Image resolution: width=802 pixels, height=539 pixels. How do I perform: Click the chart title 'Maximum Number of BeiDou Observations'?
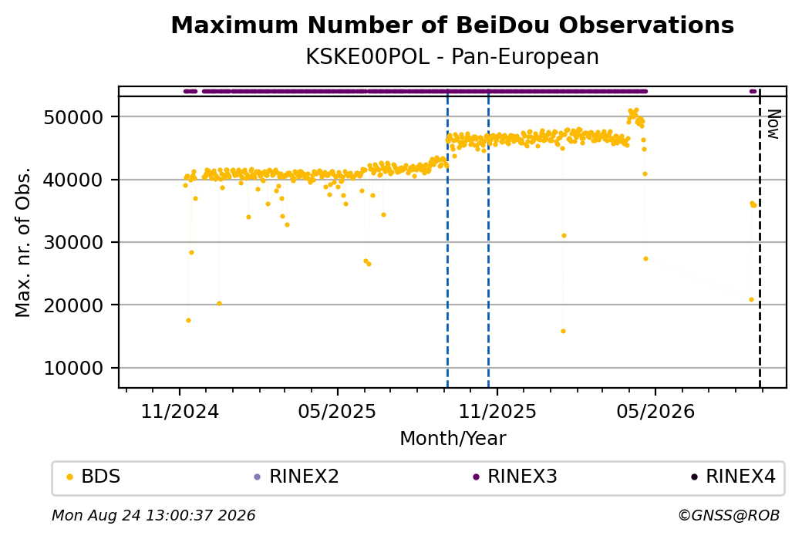pos(452,25)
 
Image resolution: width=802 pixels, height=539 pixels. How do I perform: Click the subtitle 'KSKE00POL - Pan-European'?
pos(452,56)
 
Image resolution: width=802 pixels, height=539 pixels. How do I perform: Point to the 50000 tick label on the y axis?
pos(74,117)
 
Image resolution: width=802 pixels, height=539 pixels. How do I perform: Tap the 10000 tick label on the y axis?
pos(74,368)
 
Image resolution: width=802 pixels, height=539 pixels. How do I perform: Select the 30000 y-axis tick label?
pos(74,242)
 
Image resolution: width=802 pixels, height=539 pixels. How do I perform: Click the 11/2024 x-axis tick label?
pos(180,411)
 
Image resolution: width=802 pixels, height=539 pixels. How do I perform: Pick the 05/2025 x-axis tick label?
pos(337,411)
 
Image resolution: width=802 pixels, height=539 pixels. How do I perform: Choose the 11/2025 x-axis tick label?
pos(497,411)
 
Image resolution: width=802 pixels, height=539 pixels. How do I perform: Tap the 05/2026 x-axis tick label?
pos(655,411)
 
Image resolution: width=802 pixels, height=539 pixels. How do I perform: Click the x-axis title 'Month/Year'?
pos(453,438)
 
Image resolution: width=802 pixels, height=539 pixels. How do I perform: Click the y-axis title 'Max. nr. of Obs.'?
pos(23,242)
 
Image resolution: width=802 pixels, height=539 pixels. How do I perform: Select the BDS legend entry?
pos(93,477)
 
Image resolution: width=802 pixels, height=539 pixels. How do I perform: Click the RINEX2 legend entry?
pos(297,477)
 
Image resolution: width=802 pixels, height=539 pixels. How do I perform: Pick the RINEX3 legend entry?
pos(515,477)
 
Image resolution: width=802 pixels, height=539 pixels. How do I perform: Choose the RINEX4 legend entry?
pos(733,477)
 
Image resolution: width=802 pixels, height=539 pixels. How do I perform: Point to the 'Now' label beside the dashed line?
pos(774,124)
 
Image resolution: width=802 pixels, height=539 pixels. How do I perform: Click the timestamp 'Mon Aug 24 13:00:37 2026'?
pos(153,515)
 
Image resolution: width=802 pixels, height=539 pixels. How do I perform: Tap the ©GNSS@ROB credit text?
pos(729,515)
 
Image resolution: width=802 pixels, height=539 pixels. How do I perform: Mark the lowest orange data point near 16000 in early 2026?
pos(563,332)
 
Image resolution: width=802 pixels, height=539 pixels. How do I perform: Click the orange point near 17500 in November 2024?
pos(188,321)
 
